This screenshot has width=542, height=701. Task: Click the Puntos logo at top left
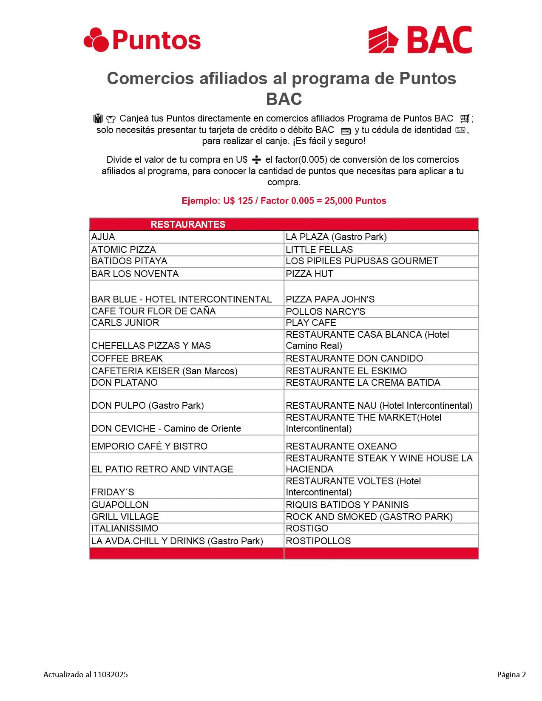(x=142, y=40)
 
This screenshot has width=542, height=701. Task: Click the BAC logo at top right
(x=420, y=40)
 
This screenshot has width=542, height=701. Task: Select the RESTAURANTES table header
(x=188, y=224)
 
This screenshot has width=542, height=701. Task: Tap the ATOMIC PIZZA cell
(x=124, y=249)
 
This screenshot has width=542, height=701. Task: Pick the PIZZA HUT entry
(x=309, y=274)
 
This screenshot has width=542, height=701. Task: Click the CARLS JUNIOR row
(x=125, y=323)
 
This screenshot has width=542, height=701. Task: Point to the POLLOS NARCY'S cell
(x=325, y=311)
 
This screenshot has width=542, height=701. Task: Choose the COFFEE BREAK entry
(x=127, y=359)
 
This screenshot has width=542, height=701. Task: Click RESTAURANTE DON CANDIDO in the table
(x=354, y=359)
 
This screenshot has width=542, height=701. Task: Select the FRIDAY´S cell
(x=113, y=492)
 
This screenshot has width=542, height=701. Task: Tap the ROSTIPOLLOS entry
(x=318, y=541)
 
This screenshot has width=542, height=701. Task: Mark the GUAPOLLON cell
(x=120, y=505)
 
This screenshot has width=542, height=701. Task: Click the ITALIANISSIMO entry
(x=125, y=529)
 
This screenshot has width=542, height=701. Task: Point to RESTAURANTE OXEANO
(x=341, y=446)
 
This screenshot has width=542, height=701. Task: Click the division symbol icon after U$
(x=256, y=160)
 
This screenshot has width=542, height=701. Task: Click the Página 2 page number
(x=511, y=674)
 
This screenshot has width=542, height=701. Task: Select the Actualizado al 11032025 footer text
(x=85, y=674)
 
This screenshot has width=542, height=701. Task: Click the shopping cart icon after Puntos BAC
(x=465, y=119)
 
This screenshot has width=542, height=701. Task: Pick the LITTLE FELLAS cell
(x=319, y=249)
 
